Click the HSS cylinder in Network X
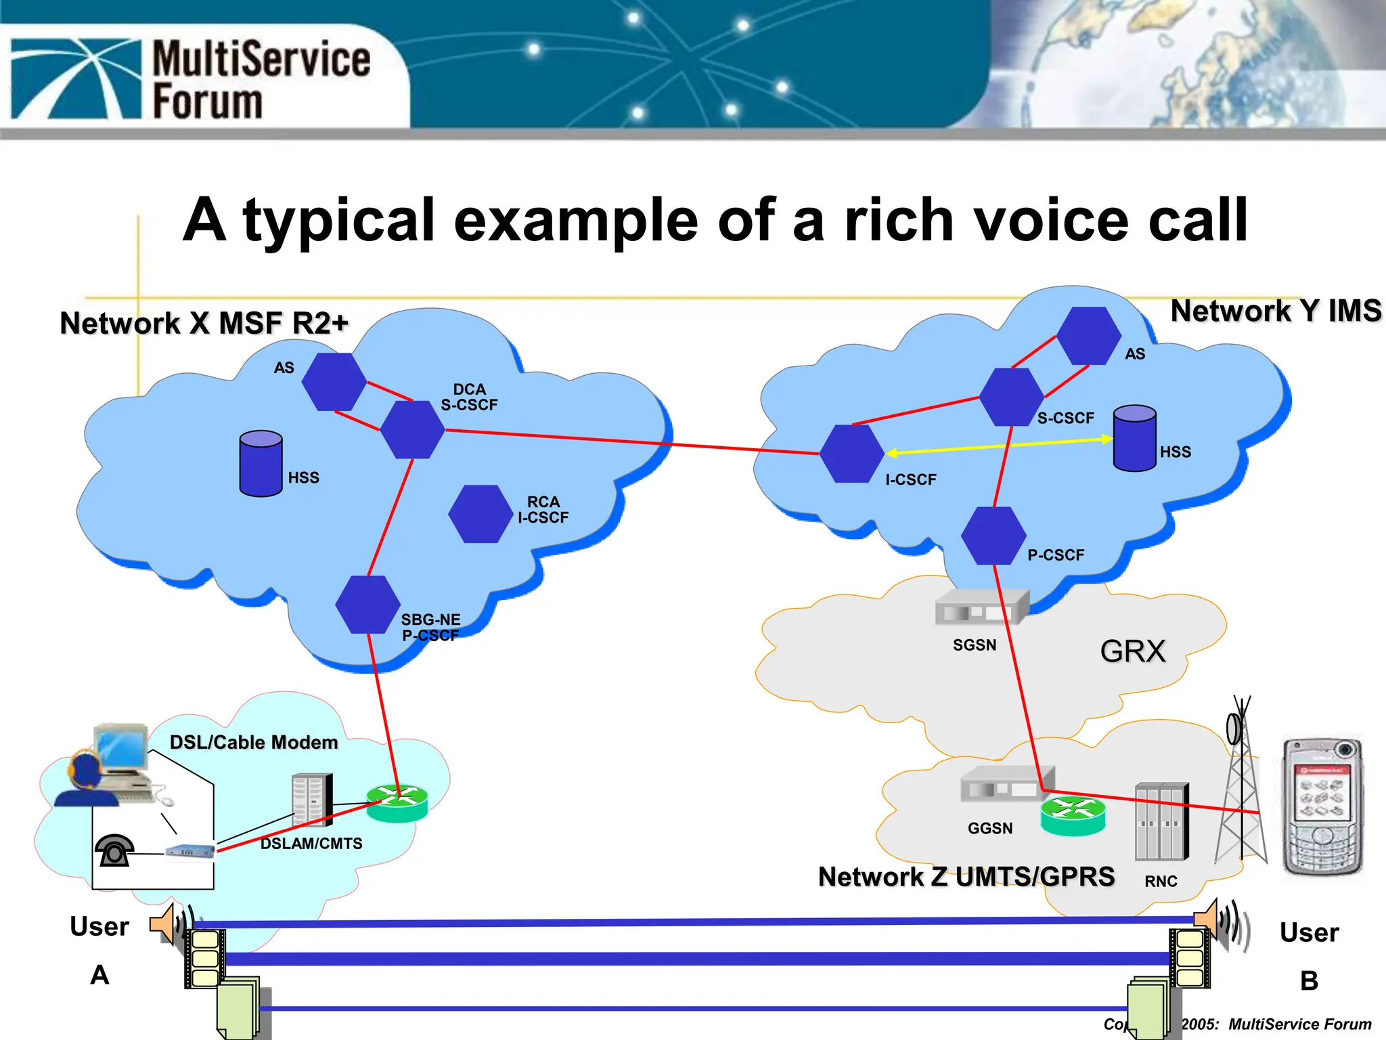tap(261, 464)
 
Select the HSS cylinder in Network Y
tap(1134, 438)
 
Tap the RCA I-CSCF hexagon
tap(480, 514)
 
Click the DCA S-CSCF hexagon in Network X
tap(412, 429)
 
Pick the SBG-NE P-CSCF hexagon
tap(368, 605)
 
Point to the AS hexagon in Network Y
tap(1088, 336)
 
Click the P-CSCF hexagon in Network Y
tap(993, 536)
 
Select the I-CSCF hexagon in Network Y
tap(851, 454)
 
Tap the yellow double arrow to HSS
tap(999, 446)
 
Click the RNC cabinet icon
tap(1161, 821)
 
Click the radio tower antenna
tap(1240, 785)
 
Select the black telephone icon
tap(114, 850)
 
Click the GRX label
tap(1133, 651)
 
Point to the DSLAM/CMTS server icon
tap(312, 800)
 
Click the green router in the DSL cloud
tap(397, 803)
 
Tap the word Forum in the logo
tap(207, 102)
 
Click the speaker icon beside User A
tap(164, 923)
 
